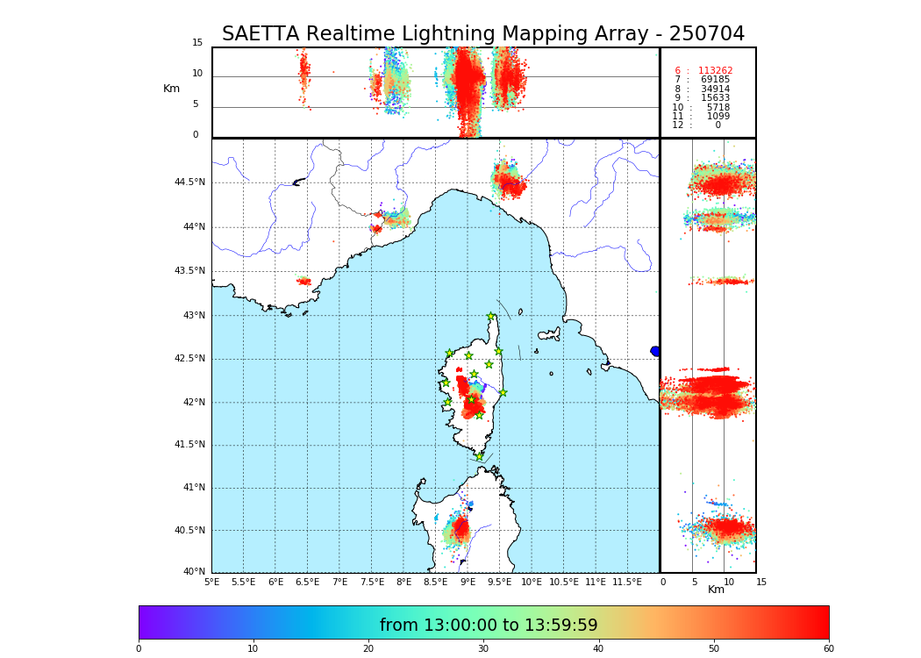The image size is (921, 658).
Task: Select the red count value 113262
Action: [715, 71]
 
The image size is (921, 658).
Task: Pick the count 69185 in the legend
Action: [715, 80]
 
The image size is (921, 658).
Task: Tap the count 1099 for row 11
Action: [718, 117]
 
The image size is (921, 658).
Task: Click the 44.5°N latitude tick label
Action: [189, 182]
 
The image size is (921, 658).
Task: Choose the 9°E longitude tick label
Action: [468, 582]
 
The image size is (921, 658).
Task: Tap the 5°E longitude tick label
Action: [212, 582]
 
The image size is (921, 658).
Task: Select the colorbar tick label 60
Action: [828, 648]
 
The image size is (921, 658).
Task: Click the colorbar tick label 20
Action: [368, 648]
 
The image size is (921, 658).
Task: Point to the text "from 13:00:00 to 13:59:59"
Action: [489, 626]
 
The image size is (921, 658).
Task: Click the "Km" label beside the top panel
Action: [172, 89]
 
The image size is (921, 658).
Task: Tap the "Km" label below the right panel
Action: [717, 590]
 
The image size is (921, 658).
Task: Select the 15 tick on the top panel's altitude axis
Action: [197, 43]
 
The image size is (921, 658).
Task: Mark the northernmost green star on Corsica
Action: [491, 317]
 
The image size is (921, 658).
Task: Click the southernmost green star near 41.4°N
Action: [479, 456]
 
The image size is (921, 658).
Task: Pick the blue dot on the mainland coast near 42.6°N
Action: [655, 351]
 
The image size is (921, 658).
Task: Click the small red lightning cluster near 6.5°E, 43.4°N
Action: [303, 282]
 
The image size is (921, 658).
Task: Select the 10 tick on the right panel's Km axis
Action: [729, 582]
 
